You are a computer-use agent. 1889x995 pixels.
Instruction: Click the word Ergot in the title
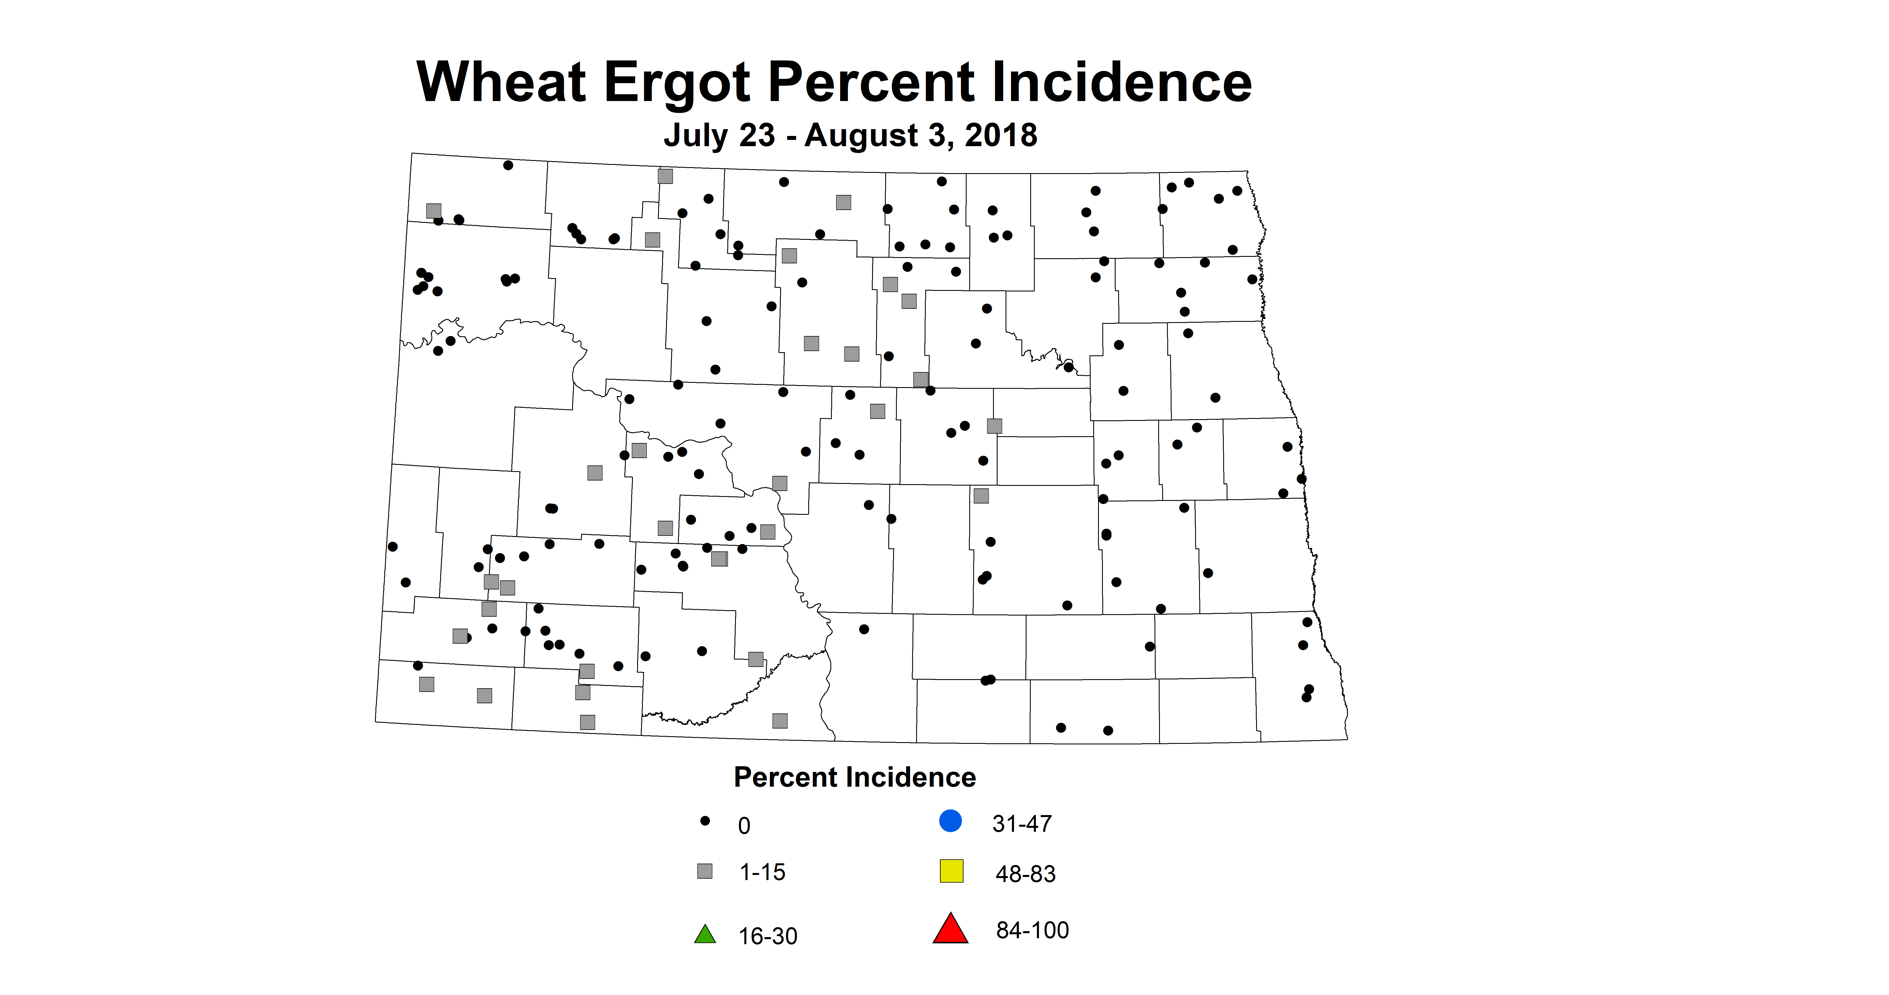click(x=677, y=83)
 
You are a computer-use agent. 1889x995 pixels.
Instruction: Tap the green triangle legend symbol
click(x=705, y=935)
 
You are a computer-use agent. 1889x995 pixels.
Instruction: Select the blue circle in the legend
click(x=950, y=820)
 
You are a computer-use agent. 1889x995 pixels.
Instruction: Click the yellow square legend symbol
click(x=951, y=871)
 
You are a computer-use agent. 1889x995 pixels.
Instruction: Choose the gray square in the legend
click(x=705, y=871)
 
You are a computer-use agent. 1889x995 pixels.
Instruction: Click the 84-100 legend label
click(x=1032, y=931)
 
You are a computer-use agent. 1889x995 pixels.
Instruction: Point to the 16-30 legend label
click(x=768, y=936)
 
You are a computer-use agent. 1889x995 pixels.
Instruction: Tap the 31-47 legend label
click(x=1021, y=824)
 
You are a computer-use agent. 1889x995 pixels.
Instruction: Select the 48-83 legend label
click(x=1025, y=874)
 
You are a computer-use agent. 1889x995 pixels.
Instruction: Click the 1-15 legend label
click(x=762, y=873)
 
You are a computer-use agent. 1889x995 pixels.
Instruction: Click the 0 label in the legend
click(x=744, y=826)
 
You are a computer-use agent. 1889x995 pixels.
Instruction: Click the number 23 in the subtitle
click(x=757, y=136)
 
